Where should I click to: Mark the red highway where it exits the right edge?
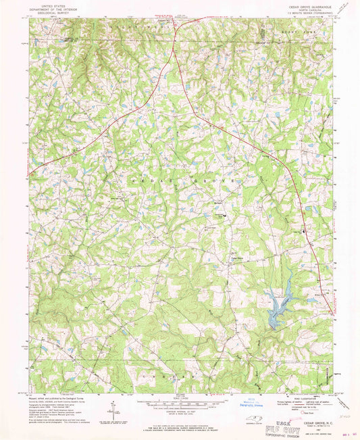tap(331, 312)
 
